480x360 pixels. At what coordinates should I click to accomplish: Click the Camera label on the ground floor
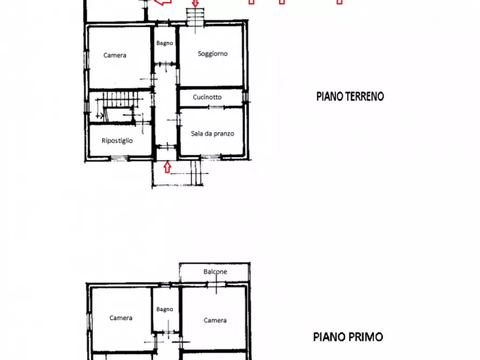point(115,55)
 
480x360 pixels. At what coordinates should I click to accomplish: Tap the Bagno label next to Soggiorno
point(164,43)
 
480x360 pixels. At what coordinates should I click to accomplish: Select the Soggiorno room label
point(212,54)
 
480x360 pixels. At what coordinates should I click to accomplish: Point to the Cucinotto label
point(211,97)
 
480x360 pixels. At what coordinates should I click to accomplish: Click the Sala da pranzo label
point(212,134)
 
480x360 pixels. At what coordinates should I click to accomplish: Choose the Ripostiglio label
point(118,141)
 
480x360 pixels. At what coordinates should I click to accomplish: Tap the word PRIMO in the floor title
point(365,337)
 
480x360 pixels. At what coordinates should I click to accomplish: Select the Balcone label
point(215,272)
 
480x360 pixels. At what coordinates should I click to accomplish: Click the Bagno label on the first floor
point(164,309)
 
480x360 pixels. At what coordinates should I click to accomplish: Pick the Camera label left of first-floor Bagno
point(121,318)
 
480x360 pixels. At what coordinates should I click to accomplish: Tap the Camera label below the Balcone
point(215,320)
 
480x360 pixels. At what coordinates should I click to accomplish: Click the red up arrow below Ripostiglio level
point(167,167)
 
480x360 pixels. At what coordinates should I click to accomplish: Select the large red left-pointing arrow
point(163,3)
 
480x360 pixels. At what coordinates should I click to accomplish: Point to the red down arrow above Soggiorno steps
point(195,3)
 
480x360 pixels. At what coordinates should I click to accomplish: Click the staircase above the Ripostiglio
point(120,99)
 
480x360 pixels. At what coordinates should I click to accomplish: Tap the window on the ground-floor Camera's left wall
point(86,56)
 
